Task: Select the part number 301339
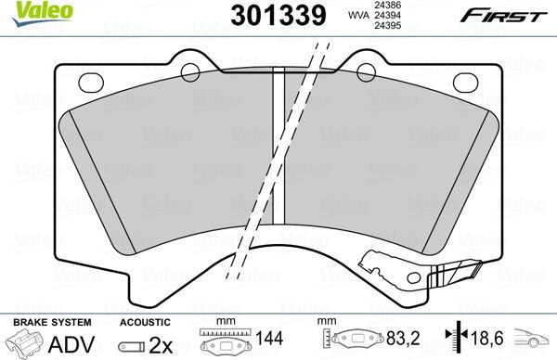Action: coord(265,15)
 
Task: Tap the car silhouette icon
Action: coord(534,341)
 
